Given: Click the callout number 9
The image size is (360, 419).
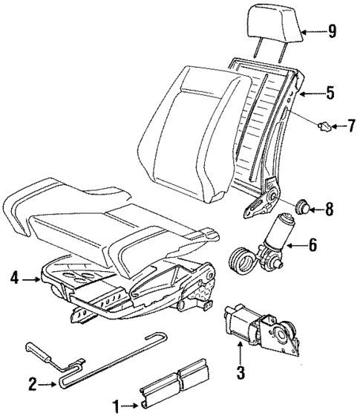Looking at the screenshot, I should (333, 31).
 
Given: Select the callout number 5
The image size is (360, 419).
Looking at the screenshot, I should (330, 94).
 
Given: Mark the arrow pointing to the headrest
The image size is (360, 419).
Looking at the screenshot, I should (313, 31).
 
